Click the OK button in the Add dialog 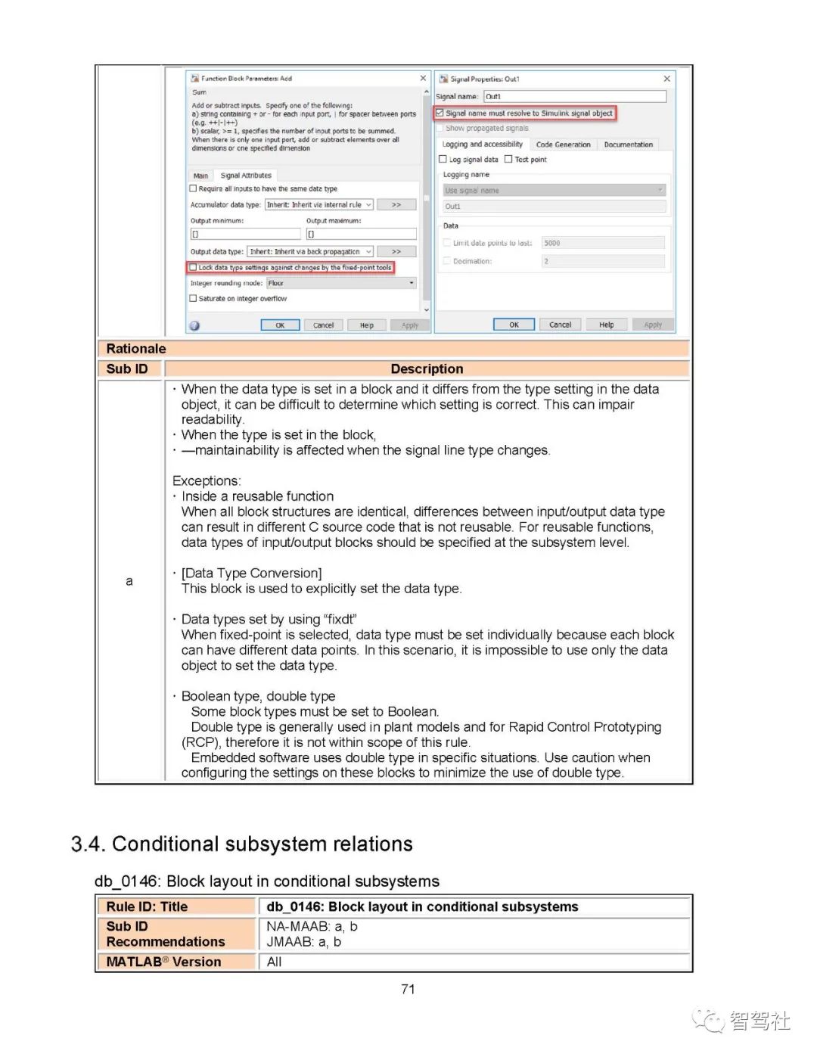tap(280, 325)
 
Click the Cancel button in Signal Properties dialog tap(560, 325)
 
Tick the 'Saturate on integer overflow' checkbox tap(193, 299)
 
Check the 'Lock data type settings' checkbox tap(194, 268)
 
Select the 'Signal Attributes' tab tap(246, 176)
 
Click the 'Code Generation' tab tap(563, 145)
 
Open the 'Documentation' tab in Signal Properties tap(628, 145)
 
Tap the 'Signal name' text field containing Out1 tap(575, 97)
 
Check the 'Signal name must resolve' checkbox tap(440, 113)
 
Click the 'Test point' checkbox tap(508, 160)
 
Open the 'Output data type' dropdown tap(311, 252)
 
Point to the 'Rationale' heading tap(136, 349)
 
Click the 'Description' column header tap(427, 369)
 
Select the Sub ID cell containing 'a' tap(129, 581)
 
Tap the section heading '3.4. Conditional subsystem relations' tap(242, 844)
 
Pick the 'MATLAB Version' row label tap(164, 962)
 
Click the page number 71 tap(408, 990)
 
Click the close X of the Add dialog tap(423, 79)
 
